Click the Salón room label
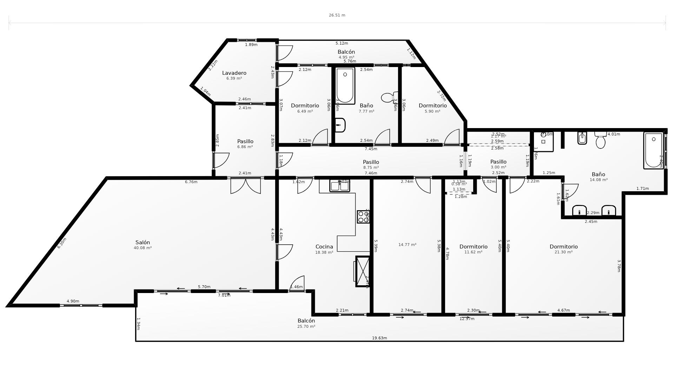point(143,242)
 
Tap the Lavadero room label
point(234,73)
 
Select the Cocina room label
point(324,247)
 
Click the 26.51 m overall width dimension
point(337,15)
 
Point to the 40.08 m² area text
point(143,248)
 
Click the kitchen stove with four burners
point(363,217)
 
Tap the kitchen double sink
point(339,186)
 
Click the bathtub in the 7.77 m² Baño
point(345,85)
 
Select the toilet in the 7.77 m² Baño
point(389,98)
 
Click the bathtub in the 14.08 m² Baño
point(653,150)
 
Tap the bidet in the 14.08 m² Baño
point(582,138)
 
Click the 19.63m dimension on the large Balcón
point(379,338)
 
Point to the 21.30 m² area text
point(563,252)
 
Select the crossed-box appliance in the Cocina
point(363,271)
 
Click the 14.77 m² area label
point(407,245)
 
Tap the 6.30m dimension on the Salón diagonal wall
point(62,243)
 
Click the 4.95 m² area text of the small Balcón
point(346,58)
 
